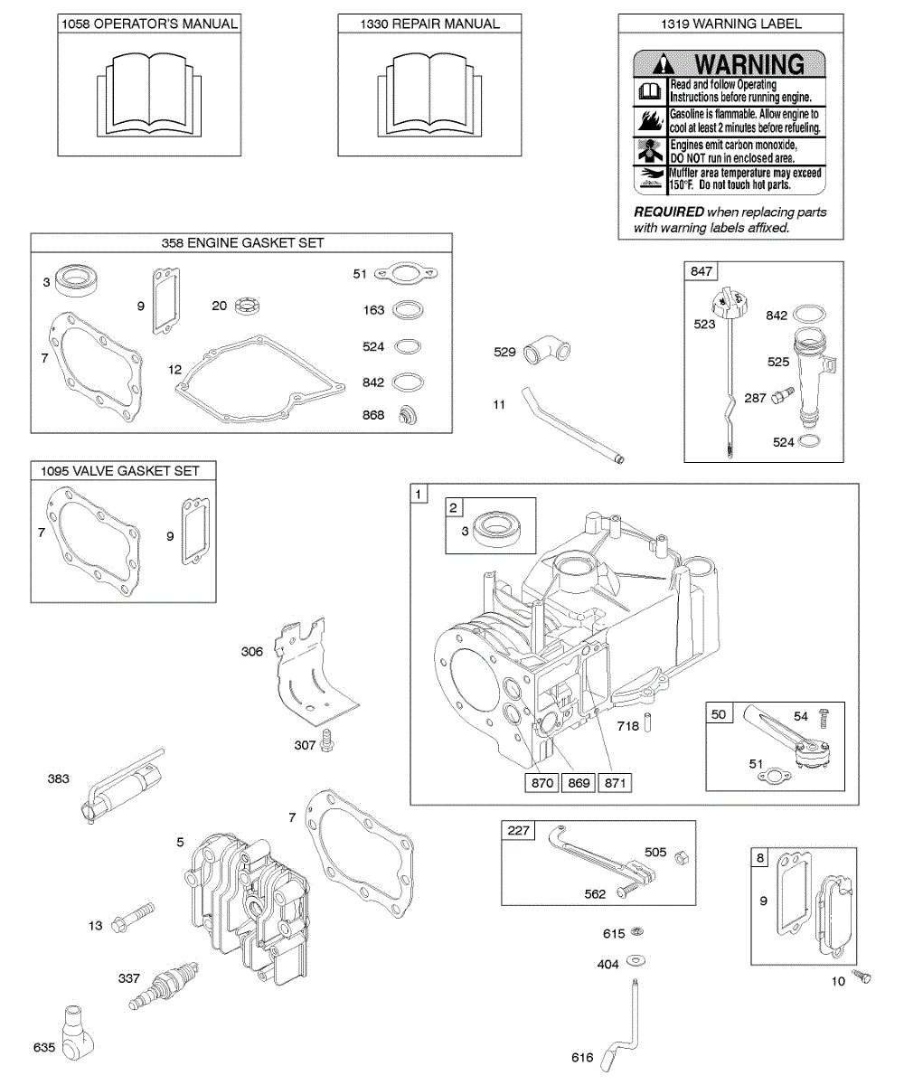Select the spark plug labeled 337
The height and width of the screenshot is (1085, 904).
(x=163, y=988)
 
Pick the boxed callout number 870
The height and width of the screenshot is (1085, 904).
(x=542, y=783)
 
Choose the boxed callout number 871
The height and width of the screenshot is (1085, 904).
(x=613, y=783)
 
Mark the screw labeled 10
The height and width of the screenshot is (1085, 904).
(x=865, y=977)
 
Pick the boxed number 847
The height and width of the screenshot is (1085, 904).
(x=702, y=271)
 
